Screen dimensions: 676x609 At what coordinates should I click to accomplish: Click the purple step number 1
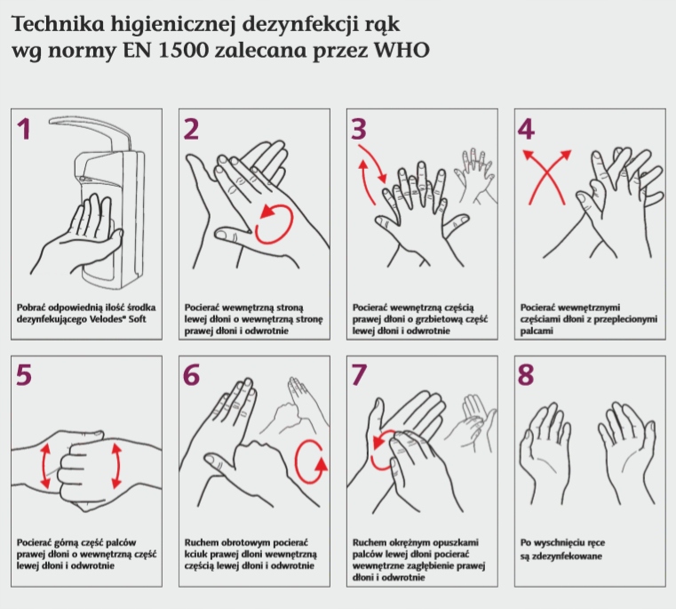(x=25, y=130)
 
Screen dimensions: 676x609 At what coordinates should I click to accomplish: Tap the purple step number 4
(x=526, y=129)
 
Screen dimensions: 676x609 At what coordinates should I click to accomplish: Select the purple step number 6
(x=191, y=375)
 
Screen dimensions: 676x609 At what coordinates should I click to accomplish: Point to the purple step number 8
(x=526, y=375)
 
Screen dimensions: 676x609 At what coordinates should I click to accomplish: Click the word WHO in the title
(x=402, y=50)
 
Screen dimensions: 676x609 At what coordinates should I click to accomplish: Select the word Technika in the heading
(x=59, y=24)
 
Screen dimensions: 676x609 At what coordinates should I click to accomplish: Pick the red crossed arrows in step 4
(x=546, y=177)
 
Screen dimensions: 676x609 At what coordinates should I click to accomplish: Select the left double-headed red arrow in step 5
(x=45, y=467)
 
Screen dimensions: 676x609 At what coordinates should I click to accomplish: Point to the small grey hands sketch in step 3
(x=474, y=176)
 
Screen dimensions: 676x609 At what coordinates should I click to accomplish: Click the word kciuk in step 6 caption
(x=195, y=554)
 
